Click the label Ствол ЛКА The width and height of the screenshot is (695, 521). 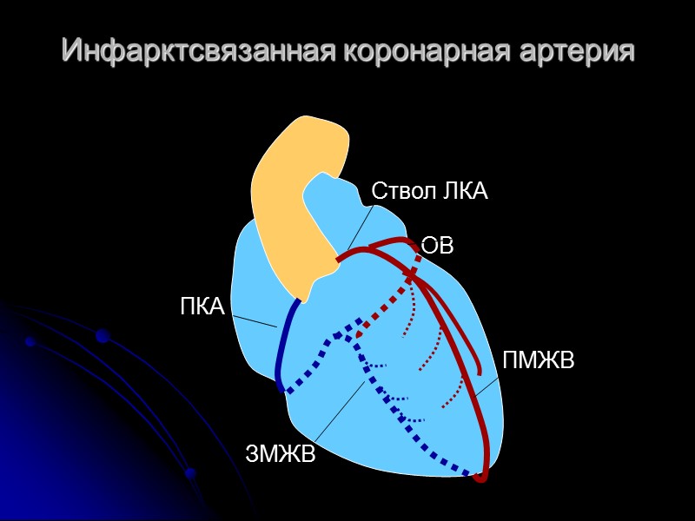click(x=429, y=192)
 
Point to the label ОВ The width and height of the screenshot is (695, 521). click(x=438, y=246)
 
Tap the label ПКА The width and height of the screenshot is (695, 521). click(x=202, y=307)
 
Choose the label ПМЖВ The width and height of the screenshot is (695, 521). click(x=538, y=359)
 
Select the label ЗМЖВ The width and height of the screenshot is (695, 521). click(x=281, y=453)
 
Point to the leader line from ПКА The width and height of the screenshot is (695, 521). click(x=255, y=322)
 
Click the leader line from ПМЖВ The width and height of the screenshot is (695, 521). click(x=486, y=387)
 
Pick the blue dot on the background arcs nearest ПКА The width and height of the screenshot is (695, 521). click(x=102, y=335)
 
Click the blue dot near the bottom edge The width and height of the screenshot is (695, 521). click(x=190, y=473)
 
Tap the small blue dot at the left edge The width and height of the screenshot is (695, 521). click(x=30, y=342)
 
